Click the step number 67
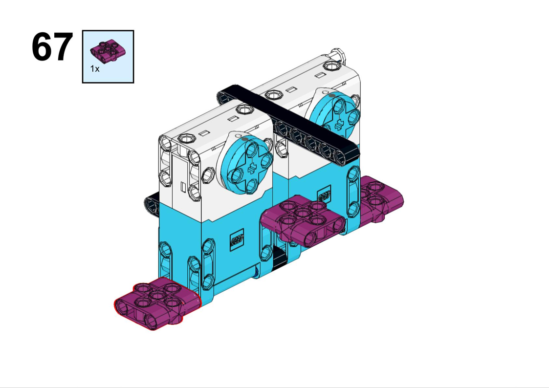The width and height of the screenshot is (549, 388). coord(52,47)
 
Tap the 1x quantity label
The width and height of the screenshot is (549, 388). coord(95,69)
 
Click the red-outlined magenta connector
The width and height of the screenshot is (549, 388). coord(157,303)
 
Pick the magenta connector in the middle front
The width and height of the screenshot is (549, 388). coord(303,220)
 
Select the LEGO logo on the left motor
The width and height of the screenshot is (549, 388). coord(237,240)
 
